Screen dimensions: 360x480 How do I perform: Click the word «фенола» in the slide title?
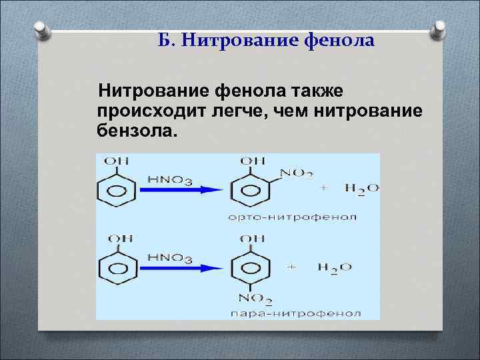(x=339, y=41)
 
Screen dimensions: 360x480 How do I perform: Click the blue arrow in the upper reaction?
(x=181, y=189)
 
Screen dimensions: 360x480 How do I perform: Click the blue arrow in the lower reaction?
(x=181, y=268)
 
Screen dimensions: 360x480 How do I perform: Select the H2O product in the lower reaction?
(x=335, y=267)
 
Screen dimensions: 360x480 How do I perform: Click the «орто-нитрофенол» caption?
(x=291, y=217)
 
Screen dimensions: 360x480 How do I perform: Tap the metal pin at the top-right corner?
(x=440, y=29)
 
